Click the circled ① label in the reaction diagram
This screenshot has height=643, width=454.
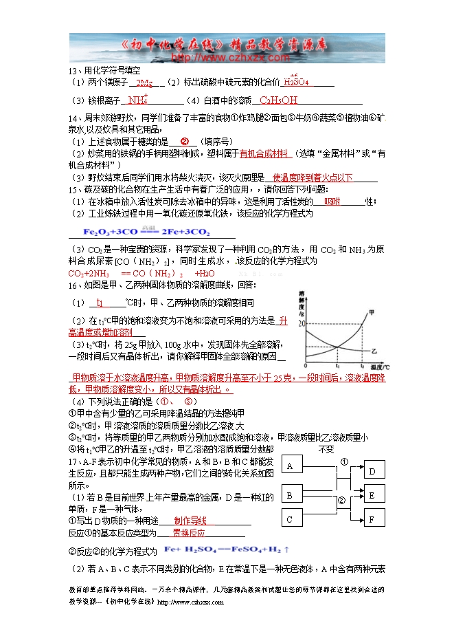[x=344, y=461]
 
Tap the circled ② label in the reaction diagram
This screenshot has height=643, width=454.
[x=341, y=501]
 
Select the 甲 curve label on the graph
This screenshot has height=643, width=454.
[x=372, y=312]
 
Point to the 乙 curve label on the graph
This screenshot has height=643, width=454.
[x=374, y=351]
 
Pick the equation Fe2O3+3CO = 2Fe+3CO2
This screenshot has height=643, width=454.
[x=147, y=231]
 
